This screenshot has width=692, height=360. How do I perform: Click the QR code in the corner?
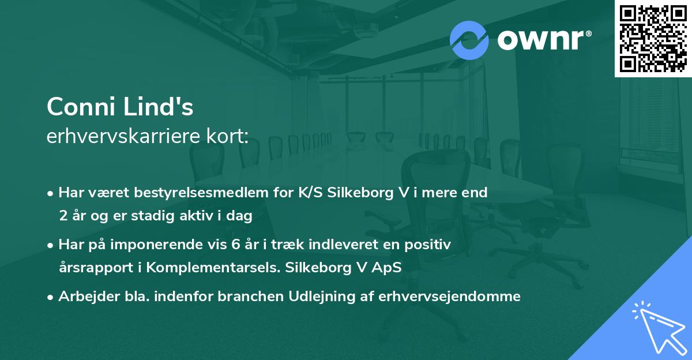(653, 38)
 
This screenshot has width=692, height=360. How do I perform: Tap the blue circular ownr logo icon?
(469, 39)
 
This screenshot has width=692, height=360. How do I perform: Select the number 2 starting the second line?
(62, 216)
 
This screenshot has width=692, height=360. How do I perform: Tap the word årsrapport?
(92, 268)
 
